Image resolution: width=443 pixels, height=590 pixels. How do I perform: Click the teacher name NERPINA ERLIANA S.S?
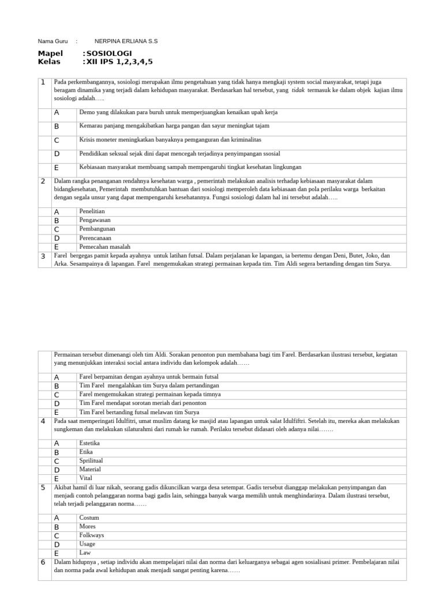pyautogui.click(x=126, y=41)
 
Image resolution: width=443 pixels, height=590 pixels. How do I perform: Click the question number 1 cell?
pyautogui.click(x=43, y=82)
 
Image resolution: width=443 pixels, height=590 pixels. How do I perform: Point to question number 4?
pyautogui.click(x=43, y=421)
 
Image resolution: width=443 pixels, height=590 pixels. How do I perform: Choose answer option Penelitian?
pyautogui.click(x=92, y=211)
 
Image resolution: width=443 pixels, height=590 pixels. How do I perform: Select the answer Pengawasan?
pyautogui.click(x=95, y=220)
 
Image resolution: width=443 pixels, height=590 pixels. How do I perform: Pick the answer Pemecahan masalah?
pyautogui.click(x=105, y=246)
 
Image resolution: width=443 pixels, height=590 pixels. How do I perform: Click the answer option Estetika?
pyautogui.click(x=89, y=443)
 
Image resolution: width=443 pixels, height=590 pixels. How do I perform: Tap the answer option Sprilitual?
pyautogui.click(x=91, y=460)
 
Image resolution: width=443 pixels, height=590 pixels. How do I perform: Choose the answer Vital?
pyautogui.click(x=85, y=478)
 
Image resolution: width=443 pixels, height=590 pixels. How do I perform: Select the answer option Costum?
pyautogui.click(x=89, y=517)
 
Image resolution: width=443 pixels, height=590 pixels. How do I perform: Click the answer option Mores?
pyautogui.click(x=88, y=526)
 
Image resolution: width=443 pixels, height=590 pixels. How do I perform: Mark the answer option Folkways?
pyautogui.click(x=91, y=535)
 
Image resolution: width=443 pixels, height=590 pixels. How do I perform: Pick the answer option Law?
pyautogui.click(x=85, y=552)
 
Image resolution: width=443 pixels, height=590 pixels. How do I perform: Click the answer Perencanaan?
pyautogui.click(x=95, y=237)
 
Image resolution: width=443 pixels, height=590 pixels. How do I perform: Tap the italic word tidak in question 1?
pyautogui.click(x=298, y=90)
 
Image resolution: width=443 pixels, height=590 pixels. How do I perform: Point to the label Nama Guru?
pyautogui.click(x=52, y=41)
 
